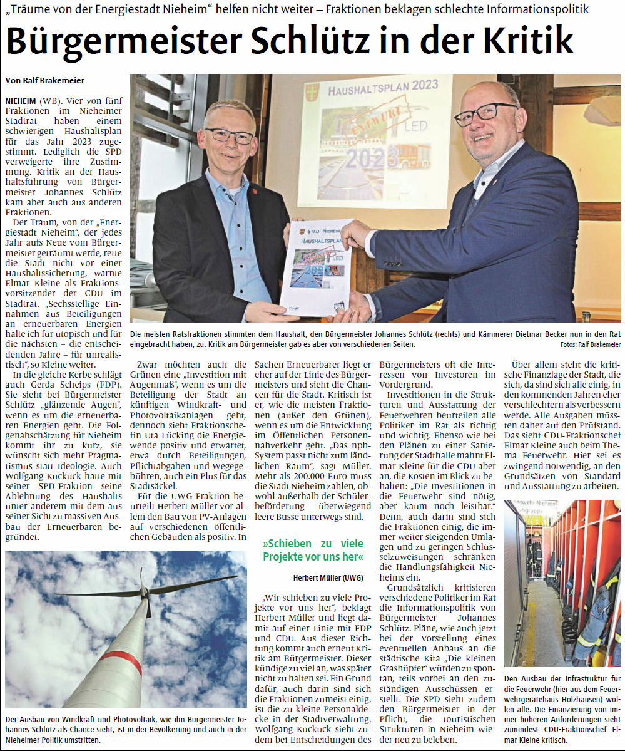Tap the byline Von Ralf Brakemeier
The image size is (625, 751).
click(45, 80)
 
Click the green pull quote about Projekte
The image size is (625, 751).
click(313, 550)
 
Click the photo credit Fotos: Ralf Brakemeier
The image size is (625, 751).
click(591, 344)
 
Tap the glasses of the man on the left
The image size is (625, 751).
click(229, 135)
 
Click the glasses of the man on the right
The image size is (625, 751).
click(485, 114)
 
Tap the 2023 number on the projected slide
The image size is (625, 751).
click(372, 157)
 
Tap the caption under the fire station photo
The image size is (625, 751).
click(562, 708)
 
